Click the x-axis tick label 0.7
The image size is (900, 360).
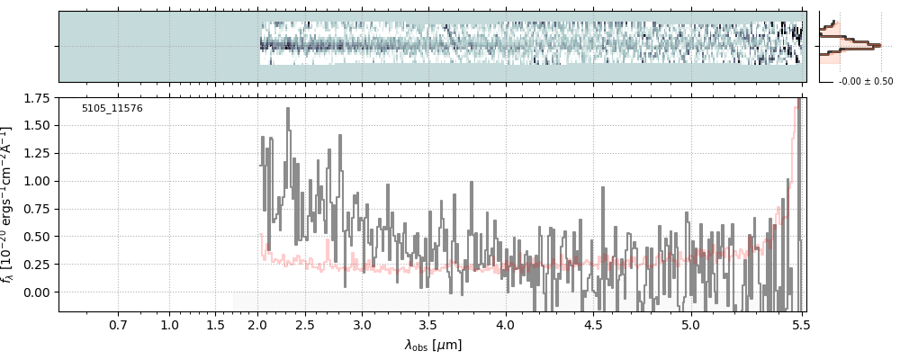118,324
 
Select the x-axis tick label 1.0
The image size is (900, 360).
170,324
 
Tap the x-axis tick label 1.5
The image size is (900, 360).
215,324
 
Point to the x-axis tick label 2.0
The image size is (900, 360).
258,324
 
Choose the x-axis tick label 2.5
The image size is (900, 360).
305,324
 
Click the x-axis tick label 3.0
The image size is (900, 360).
362,324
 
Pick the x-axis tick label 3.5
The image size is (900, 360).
428,324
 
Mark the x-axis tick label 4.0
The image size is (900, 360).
505,324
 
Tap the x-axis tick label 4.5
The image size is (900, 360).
592,324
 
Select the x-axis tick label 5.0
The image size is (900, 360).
690,324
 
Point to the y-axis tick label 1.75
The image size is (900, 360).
37,97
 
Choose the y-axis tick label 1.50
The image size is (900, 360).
37,125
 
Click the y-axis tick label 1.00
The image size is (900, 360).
37,181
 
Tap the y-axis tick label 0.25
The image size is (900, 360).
37,265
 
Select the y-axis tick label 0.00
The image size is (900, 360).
37,292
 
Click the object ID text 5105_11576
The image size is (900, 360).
112,109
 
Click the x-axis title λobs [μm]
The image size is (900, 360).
433,346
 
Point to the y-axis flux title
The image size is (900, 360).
11,204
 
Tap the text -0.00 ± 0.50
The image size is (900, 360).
865,82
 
